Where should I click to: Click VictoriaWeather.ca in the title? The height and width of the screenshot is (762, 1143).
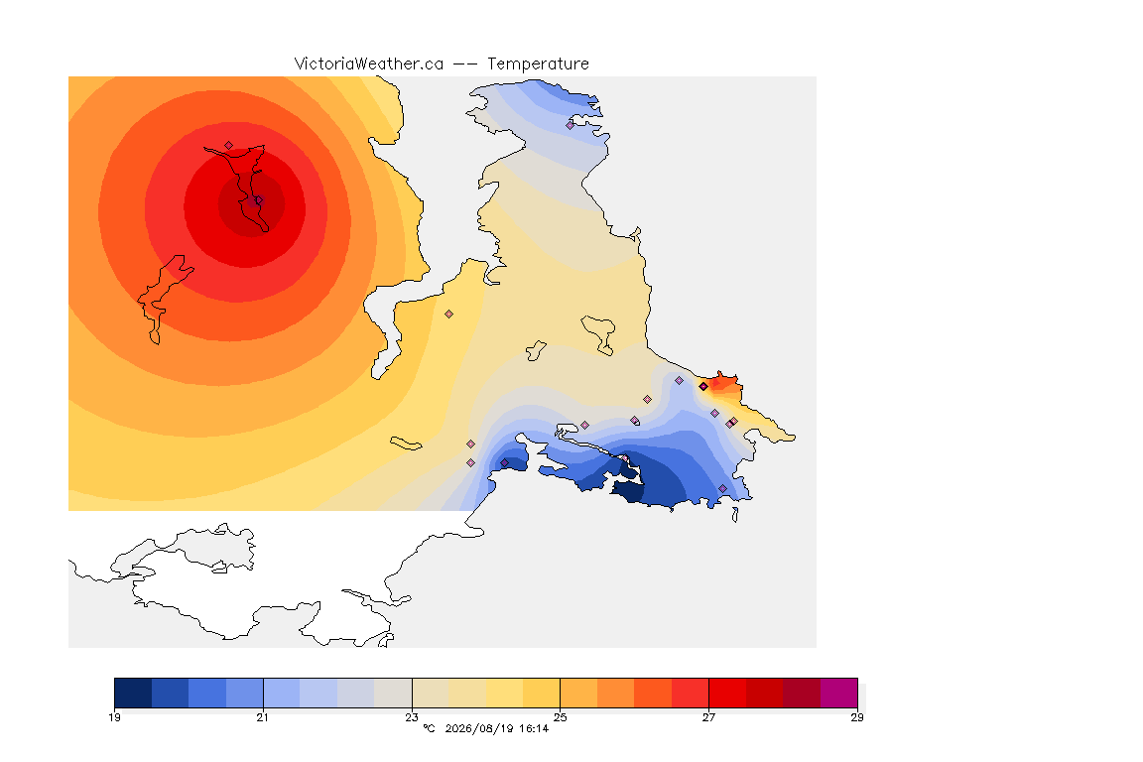(x=369, y=64)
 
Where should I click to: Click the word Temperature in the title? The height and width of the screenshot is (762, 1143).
(x=538, y=64)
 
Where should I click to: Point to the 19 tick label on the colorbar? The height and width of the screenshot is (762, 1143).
(x=114, y=717)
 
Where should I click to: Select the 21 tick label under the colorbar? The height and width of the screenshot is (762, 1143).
(x=262, y=717)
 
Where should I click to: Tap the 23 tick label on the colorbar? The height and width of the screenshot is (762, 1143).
(x=412, y=717)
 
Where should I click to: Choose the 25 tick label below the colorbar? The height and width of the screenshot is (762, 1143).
(x=560, y=717)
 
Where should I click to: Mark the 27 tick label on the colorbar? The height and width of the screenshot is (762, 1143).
(x=708, y=717)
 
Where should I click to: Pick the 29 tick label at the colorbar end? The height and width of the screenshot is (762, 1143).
(x=857, y=717)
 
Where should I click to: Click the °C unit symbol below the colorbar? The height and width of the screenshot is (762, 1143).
(x=429, y=728)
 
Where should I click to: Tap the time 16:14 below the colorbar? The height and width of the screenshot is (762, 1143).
(x=534, y=728)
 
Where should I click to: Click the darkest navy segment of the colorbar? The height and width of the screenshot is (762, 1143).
(x=133, y=693)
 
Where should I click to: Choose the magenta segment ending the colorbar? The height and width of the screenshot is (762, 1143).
(x=839, y=693)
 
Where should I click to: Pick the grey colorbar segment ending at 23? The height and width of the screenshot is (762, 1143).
(x=393, y=693)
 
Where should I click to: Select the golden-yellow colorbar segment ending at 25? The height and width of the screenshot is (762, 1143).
(x=542, y=693)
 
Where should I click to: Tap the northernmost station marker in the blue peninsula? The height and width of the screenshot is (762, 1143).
(x=571, y=125)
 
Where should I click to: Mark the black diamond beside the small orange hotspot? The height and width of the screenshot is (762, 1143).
(x=703, y=387)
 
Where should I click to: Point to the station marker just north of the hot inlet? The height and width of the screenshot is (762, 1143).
(x=229, y=146)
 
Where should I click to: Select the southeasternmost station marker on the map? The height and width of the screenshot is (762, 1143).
(x=723, y=488)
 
